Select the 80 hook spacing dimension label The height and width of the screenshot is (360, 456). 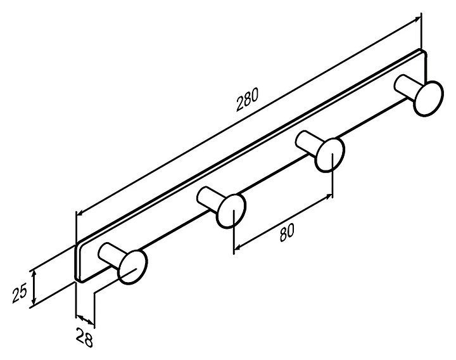tap(286, 232)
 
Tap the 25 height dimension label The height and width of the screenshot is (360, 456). tap(20, 292)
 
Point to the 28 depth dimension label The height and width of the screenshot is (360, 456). tap(86, 339)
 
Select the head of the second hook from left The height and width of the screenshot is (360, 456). tap(231, 210)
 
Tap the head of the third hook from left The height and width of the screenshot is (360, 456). tap(330, 154)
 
